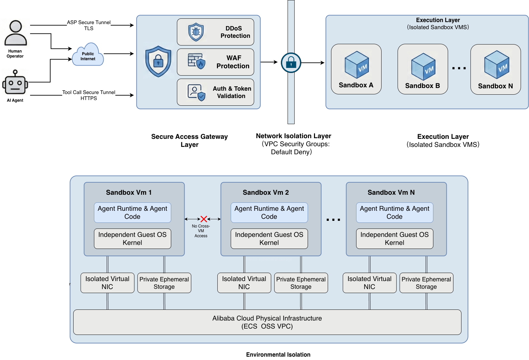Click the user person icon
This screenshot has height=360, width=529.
coord(15,33)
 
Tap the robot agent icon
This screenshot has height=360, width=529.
coord(15,82)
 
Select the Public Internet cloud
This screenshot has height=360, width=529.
coord(88,56)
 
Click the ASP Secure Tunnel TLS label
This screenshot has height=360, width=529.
coord(89,25)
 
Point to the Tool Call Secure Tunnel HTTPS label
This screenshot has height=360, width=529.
coord(89,95)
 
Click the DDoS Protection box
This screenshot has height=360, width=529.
coord(215,32)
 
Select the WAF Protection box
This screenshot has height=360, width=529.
coord(215,62)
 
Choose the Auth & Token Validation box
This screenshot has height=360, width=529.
coord(215,92)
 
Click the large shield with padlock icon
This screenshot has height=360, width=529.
coord(158,62)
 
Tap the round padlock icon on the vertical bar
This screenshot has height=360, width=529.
coord(291,63)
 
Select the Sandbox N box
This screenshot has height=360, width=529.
coord(495,70)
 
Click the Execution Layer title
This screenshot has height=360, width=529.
coord(438,20)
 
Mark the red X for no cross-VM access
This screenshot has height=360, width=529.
coord(204,219)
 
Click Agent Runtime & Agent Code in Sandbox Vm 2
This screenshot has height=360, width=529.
coord(269,212)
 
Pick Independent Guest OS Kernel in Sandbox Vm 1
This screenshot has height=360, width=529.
coord(132,239)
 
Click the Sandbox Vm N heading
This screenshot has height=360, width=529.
coord(391,192)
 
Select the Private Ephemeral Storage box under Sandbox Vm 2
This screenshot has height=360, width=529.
coord(301,283)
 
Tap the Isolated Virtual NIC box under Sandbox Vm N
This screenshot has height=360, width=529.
coord(369,283)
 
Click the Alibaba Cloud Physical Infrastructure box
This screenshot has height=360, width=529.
coord(267,322)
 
